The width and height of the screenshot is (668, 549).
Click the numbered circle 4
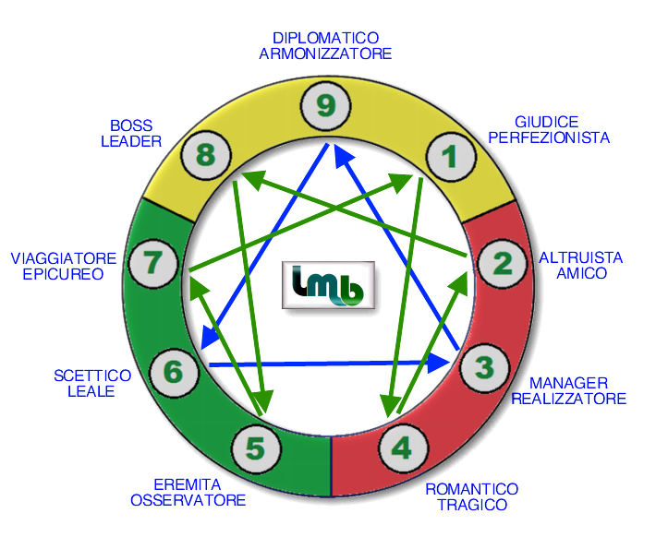point(402,448)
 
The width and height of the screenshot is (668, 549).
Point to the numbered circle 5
point(256,448)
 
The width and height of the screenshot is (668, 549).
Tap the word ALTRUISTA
point(580,257)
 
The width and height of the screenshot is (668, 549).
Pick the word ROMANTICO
point(471,489)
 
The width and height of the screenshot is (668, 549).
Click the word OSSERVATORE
point(188,500)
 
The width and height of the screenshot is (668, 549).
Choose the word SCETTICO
point(92,376)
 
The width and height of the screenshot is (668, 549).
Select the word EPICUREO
point(63,274)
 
